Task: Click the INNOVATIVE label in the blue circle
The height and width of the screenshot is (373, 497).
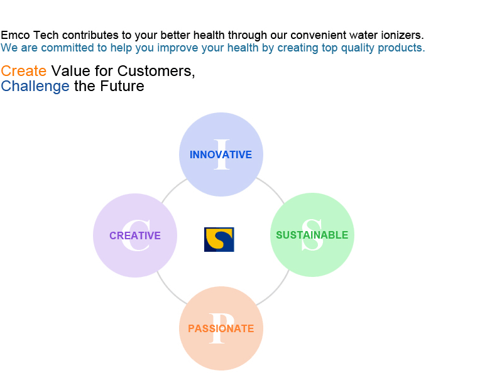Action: [x=221, y=154]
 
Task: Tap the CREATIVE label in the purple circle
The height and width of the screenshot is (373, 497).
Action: [x=135, y=235]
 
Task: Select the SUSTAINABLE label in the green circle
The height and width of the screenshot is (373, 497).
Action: [x=312, y=235]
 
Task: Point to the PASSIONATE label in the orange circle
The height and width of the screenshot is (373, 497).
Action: [x=221, y=328]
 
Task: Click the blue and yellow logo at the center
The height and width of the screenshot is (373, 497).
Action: [x=219, y=240]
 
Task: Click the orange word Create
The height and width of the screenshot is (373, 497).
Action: [x=24, y=71]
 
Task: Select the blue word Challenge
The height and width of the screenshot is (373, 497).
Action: [x=35, y=86]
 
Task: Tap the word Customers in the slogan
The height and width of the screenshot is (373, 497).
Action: [x=156, y=71]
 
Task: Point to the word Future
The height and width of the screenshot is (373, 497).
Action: [x=122, y=86]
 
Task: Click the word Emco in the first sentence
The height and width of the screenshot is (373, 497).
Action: [x=15, y=35]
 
